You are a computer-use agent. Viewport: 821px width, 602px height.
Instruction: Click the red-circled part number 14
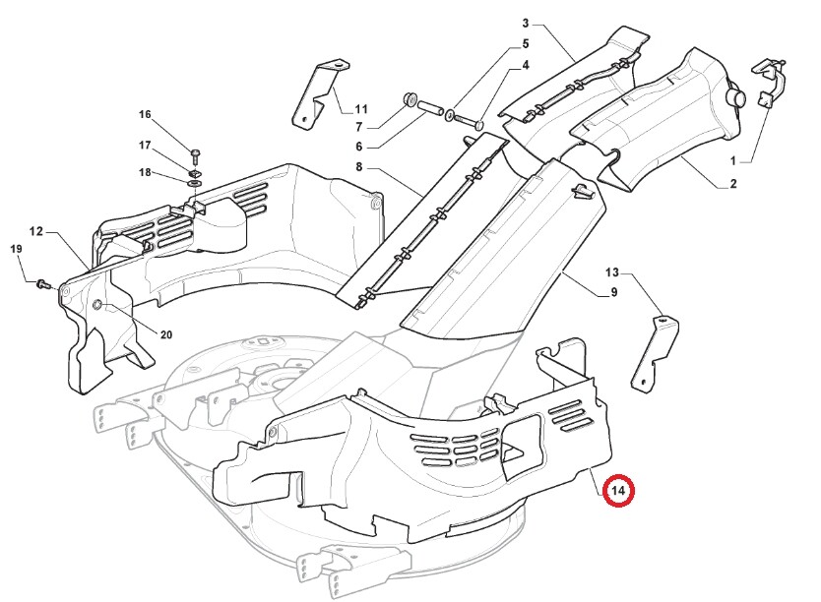click(x=618, y=491)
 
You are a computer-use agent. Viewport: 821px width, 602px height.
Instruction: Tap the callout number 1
click(x=733, y=161)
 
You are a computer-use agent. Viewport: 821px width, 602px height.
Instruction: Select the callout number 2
click(x=733, y=184)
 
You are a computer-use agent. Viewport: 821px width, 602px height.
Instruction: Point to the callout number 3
click(x=526, y=24)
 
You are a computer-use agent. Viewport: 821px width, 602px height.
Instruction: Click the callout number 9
click(x=613, y=292)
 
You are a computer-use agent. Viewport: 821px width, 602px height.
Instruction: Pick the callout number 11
click(x=361, y=109)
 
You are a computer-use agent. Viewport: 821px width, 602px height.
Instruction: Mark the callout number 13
click(x=611, y=272)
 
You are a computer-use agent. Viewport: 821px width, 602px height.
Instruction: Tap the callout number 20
click(x=166, y=334)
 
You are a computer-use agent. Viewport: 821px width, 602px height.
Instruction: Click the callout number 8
click(x=358, y=167)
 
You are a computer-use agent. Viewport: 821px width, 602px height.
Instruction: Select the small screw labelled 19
click(x=43, y=285)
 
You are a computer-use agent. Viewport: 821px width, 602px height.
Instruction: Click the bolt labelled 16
click(x=195, y=155)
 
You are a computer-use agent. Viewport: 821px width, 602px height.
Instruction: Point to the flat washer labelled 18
click(x=194, y=184)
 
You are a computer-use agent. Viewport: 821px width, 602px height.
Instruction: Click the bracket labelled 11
click(x=314, y=94)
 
